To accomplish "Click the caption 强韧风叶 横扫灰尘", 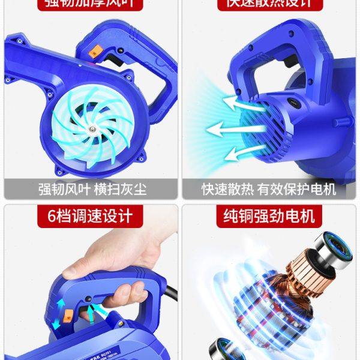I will [x=90, y=189].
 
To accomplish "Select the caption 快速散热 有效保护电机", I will [x=268, y=189].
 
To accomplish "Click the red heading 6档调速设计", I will [x=90, y=215].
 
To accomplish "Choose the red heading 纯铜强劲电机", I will [x=269, y=215].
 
